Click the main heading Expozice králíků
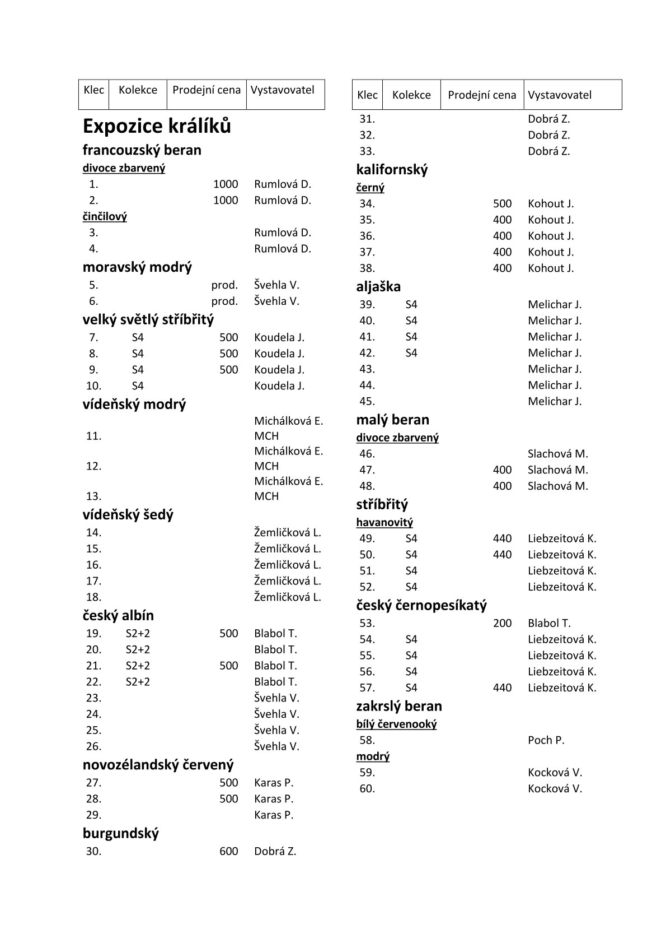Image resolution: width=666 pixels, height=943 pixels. tap(157, 126)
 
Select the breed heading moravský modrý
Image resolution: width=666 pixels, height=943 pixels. tap(137, 267)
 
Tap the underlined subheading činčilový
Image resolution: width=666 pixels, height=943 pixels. tap(105, 216)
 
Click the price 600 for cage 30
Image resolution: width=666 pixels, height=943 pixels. tap(228, 851)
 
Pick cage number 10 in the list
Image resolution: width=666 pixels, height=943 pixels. tap(93, 385)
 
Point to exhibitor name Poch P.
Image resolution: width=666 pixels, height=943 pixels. tap(546, 740)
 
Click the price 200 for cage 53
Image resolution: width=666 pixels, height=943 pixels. tap(502, 623)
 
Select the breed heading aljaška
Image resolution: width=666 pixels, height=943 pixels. tap(378, 287)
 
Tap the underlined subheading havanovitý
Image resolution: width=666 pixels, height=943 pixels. tap(384, 522)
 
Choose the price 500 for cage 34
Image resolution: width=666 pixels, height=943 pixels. tap(502, 203)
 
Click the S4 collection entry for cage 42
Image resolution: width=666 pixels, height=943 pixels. tap(411, 353)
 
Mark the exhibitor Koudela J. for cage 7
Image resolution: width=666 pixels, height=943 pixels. tap(279, 337)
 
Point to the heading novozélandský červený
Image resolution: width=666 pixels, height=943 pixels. tap(158, 765)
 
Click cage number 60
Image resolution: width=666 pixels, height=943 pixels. tap(367, 788)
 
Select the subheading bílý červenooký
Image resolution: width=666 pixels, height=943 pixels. tap(396, 724)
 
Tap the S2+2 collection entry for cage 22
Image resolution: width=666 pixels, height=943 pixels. tap(138, 682)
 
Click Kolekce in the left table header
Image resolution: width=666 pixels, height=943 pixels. tap(138, 90)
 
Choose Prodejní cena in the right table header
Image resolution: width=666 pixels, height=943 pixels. tap(482, 95)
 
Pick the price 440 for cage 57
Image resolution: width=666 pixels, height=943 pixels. tap(502, 687)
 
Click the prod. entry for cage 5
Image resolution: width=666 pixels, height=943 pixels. tap(224, 285)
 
